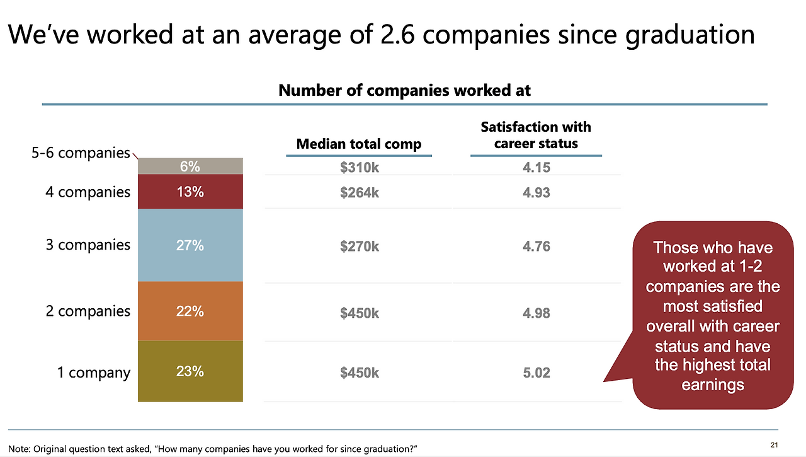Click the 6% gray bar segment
tap(190, 166)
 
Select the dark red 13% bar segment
tap(190, 192)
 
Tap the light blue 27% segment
tap(190, 245)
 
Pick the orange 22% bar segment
tap(190, 311)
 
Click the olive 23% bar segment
tap(190, 371)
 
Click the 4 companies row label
tap(88, 192)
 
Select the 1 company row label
tap(93, 373)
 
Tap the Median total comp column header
tap(359, 144)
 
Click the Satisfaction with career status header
tap(536, 135)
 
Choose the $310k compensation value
tap(360, 167)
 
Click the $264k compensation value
tap(360, 193)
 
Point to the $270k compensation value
tap(360, 246)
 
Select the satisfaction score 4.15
tap(536, 167)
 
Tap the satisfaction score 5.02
tap(536, 373)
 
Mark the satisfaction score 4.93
tap(536, 193)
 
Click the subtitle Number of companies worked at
tap(404, 90)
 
